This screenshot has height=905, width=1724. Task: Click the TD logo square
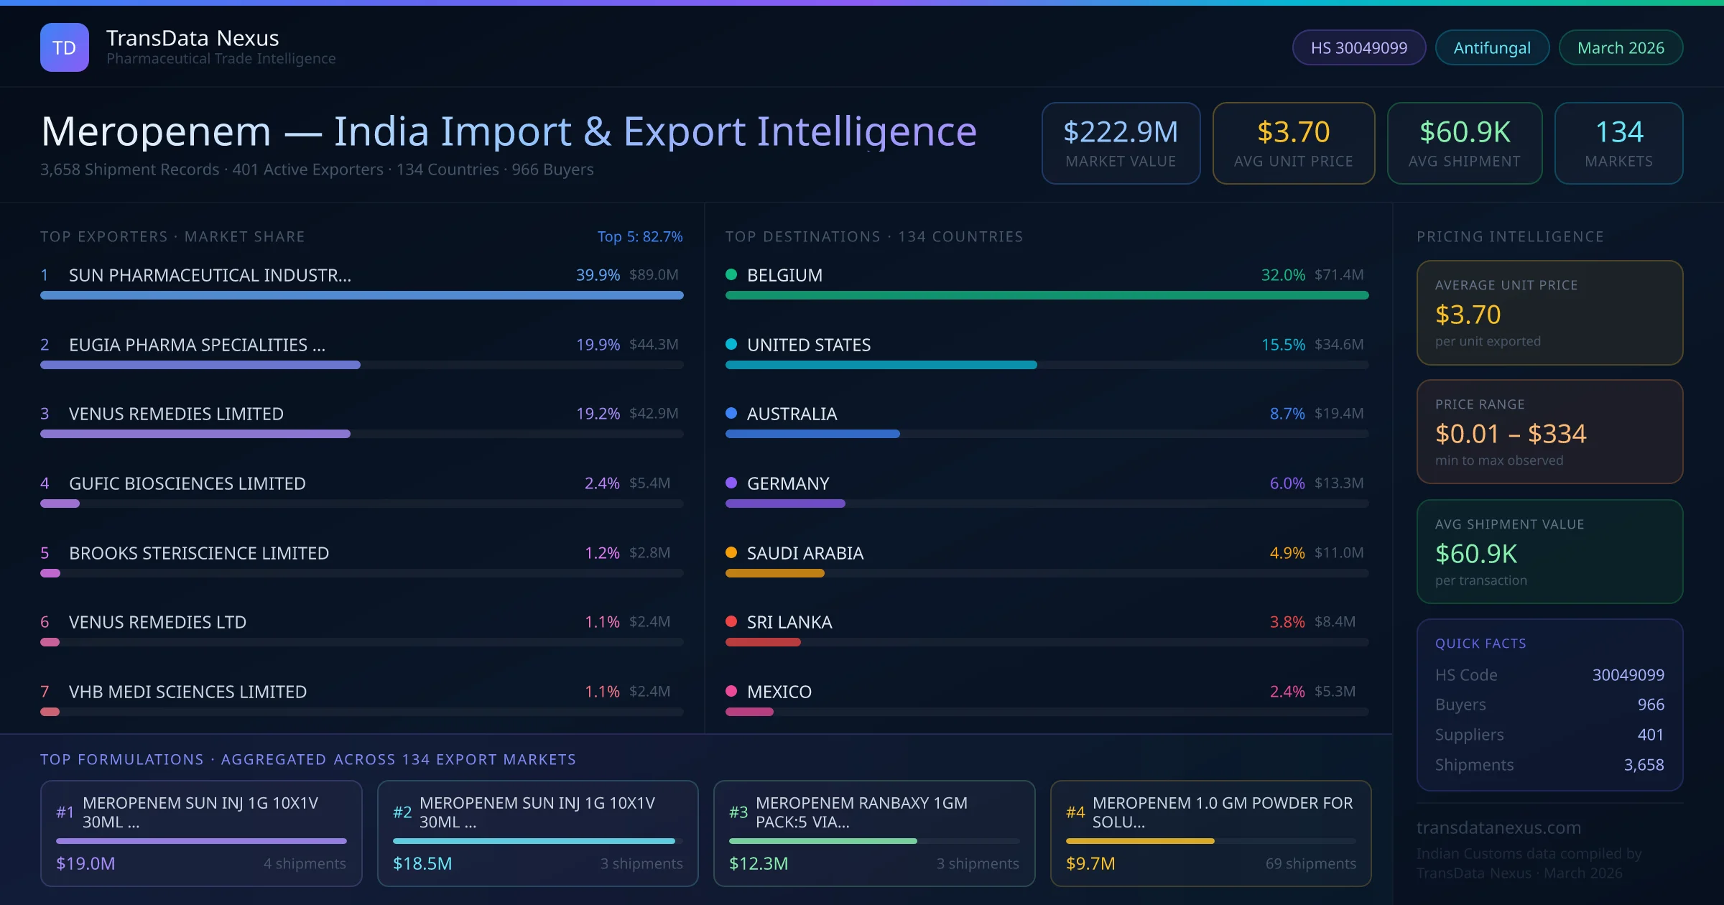(65, 47)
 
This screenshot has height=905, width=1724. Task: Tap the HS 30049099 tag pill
(1358, 47)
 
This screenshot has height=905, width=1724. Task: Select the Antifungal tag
(1492, 47)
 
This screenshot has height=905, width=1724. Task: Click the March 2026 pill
(1621, 47)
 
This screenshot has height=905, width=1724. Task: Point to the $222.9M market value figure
(1121, 131)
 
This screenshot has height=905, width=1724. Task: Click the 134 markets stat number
(1618, 131)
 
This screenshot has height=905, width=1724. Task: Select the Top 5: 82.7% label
(639, 236)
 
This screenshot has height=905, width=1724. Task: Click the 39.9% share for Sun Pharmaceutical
(598, 275)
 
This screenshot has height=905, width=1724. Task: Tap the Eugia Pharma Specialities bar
(200, 365)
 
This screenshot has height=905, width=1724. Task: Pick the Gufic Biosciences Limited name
(187, 483)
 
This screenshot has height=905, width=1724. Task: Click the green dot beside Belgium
(731, 274)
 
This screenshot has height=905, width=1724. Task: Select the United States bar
(881, 365)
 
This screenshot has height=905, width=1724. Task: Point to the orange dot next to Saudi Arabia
(731, 552)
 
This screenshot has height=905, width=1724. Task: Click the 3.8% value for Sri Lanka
(1287, 622)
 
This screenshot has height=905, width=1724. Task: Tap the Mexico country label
(779, 692)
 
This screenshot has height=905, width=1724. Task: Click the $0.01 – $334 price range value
(1510, 434)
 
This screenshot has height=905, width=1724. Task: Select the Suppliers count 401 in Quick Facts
(1650, 734)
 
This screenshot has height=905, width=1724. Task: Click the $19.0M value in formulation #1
(85, 863)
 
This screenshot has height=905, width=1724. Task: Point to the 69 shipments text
(1310, 863)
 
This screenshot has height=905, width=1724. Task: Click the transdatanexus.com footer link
(1498, 827)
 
